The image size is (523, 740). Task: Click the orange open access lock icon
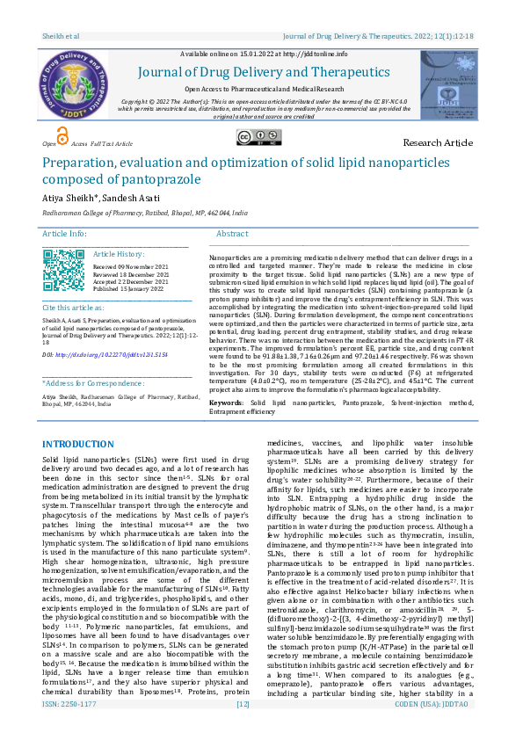coord(61,134)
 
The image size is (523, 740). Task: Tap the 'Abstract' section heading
coord(232,234)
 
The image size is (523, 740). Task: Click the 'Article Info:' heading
coord(65,234)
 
